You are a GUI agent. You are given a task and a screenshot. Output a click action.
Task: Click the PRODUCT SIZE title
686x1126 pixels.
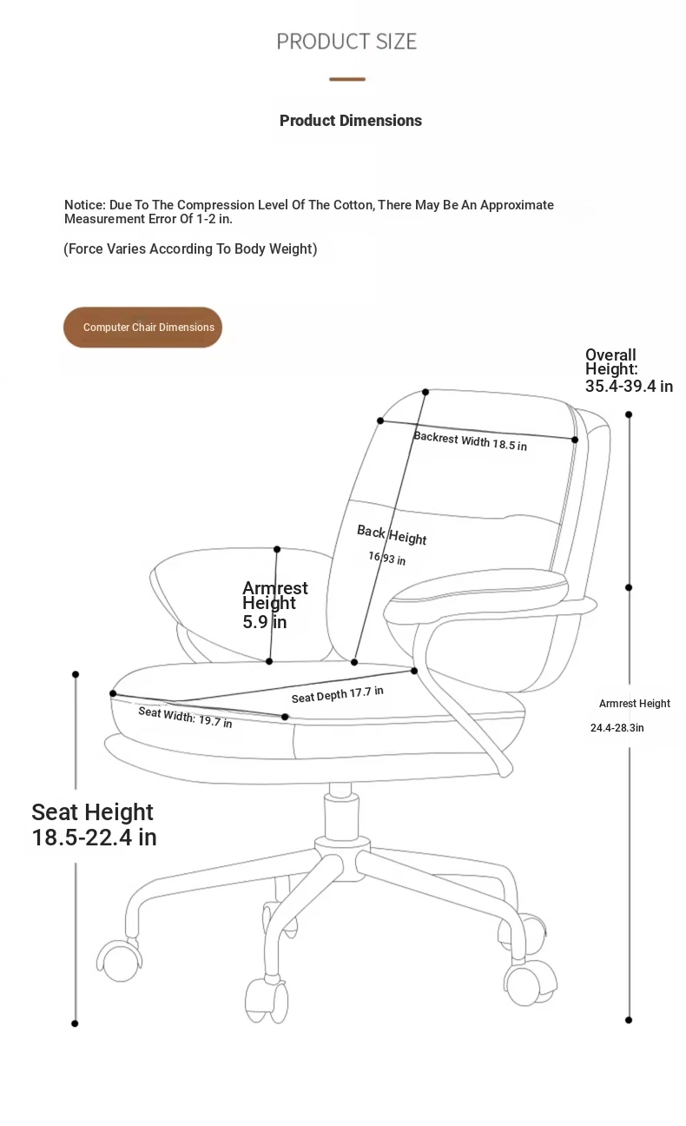[346, 41]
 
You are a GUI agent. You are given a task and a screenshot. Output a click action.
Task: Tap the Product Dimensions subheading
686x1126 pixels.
[351, 121]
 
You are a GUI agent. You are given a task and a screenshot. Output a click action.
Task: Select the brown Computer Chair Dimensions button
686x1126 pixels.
[142, 328]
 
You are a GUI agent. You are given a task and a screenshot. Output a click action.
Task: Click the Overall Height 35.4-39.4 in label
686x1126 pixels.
[629, 370]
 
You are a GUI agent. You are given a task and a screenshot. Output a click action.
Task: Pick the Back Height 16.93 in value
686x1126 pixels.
[386, 558]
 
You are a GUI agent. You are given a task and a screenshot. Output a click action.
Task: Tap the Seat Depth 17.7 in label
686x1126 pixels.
[337, 695]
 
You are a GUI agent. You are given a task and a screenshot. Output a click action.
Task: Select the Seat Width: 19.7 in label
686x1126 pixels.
[185, 718]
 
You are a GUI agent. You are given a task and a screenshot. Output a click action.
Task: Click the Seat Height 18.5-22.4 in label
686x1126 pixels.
[94, 825]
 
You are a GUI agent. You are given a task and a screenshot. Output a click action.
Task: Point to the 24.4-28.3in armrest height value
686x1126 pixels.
[617, 728]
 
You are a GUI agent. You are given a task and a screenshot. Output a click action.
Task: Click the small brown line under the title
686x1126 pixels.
[347, 79]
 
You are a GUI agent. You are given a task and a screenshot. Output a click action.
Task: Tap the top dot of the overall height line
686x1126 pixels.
[629, 414]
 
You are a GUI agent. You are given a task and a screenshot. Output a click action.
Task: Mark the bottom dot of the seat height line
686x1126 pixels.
[75, 1023]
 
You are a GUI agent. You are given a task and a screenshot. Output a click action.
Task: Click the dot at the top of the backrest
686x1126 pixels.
[425, 392]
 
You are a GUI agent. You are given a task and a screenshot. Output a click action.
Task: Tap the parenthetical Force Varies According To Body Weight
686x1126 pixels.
[190, 248]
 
